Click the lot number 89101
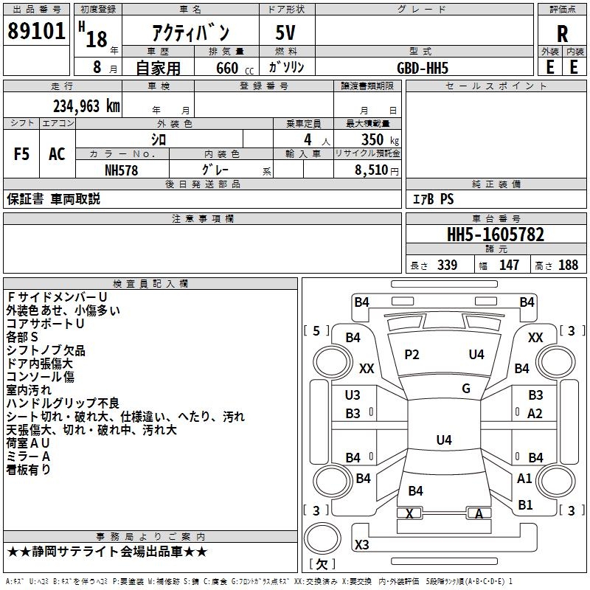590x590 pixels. tap(37, 32)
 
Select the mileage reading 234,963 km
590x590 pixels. tap(86, 105)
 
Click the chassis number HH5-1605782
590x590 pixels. tap(496, 235)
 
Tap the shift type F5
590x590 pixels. tap(22, 154)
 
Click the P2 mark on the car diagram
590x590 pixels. tap(412, 355)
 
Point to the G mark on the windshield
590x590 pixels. tap(466, 389)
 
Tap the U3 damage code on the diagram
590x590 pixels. tap(353, 395)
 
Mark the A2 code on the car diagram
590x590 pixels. tap(535, 414)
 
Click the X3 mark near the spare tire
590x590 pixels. tap(362, 545)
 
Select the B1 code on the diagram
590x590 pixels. tap(525, 505)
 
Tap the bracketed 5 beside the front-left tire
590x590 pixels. tap(316, 331)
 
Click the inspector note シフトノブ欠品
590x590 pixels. tap(46, 350)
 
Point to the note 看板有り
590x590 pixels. tap(28, 470)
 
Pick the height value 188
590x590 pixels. tap(568, 265)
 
